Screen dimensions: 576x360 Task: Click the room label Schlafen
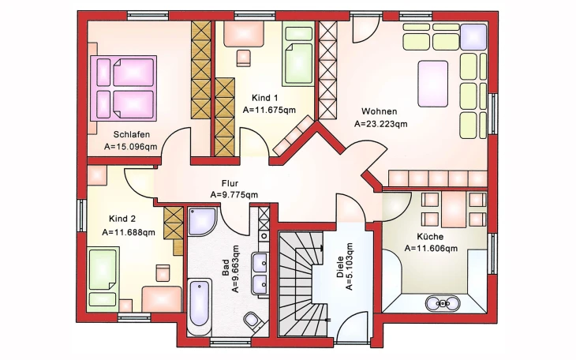point(132,134)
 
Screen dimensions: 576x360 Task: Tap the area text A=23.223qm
point(381,124)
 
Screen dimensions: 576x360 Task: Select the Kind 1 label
point(264,98)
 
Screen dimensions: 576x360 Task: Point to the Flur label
point(230,183)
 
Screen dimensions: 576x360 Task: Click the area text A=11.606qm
point(431,249)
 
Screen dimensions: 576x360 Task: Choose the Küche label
point(430,236)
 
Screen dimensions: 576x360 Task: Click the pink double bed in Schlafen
point(123,88)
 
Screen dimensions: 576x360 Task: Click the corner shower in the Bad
point(202,221)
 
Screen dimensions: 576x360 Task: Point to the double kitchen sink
point(443,303)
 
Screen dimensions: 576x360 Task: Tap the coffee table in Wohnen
point(433,84)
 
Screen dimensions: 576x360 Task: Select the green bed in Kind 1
point(298,55)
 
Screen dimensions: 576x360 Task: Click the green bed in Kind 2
point(103,278)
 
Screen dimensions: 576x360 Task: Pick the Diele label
point(340,267)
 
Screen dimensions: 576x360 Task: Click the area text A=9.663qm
point(235,268)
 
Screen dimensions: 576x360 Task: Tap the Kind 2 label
point(122,219)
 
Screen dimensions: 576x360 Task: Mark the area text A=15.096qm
point(130,147)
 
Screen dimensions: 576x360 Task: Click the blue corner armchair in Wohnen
point(473,37)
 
